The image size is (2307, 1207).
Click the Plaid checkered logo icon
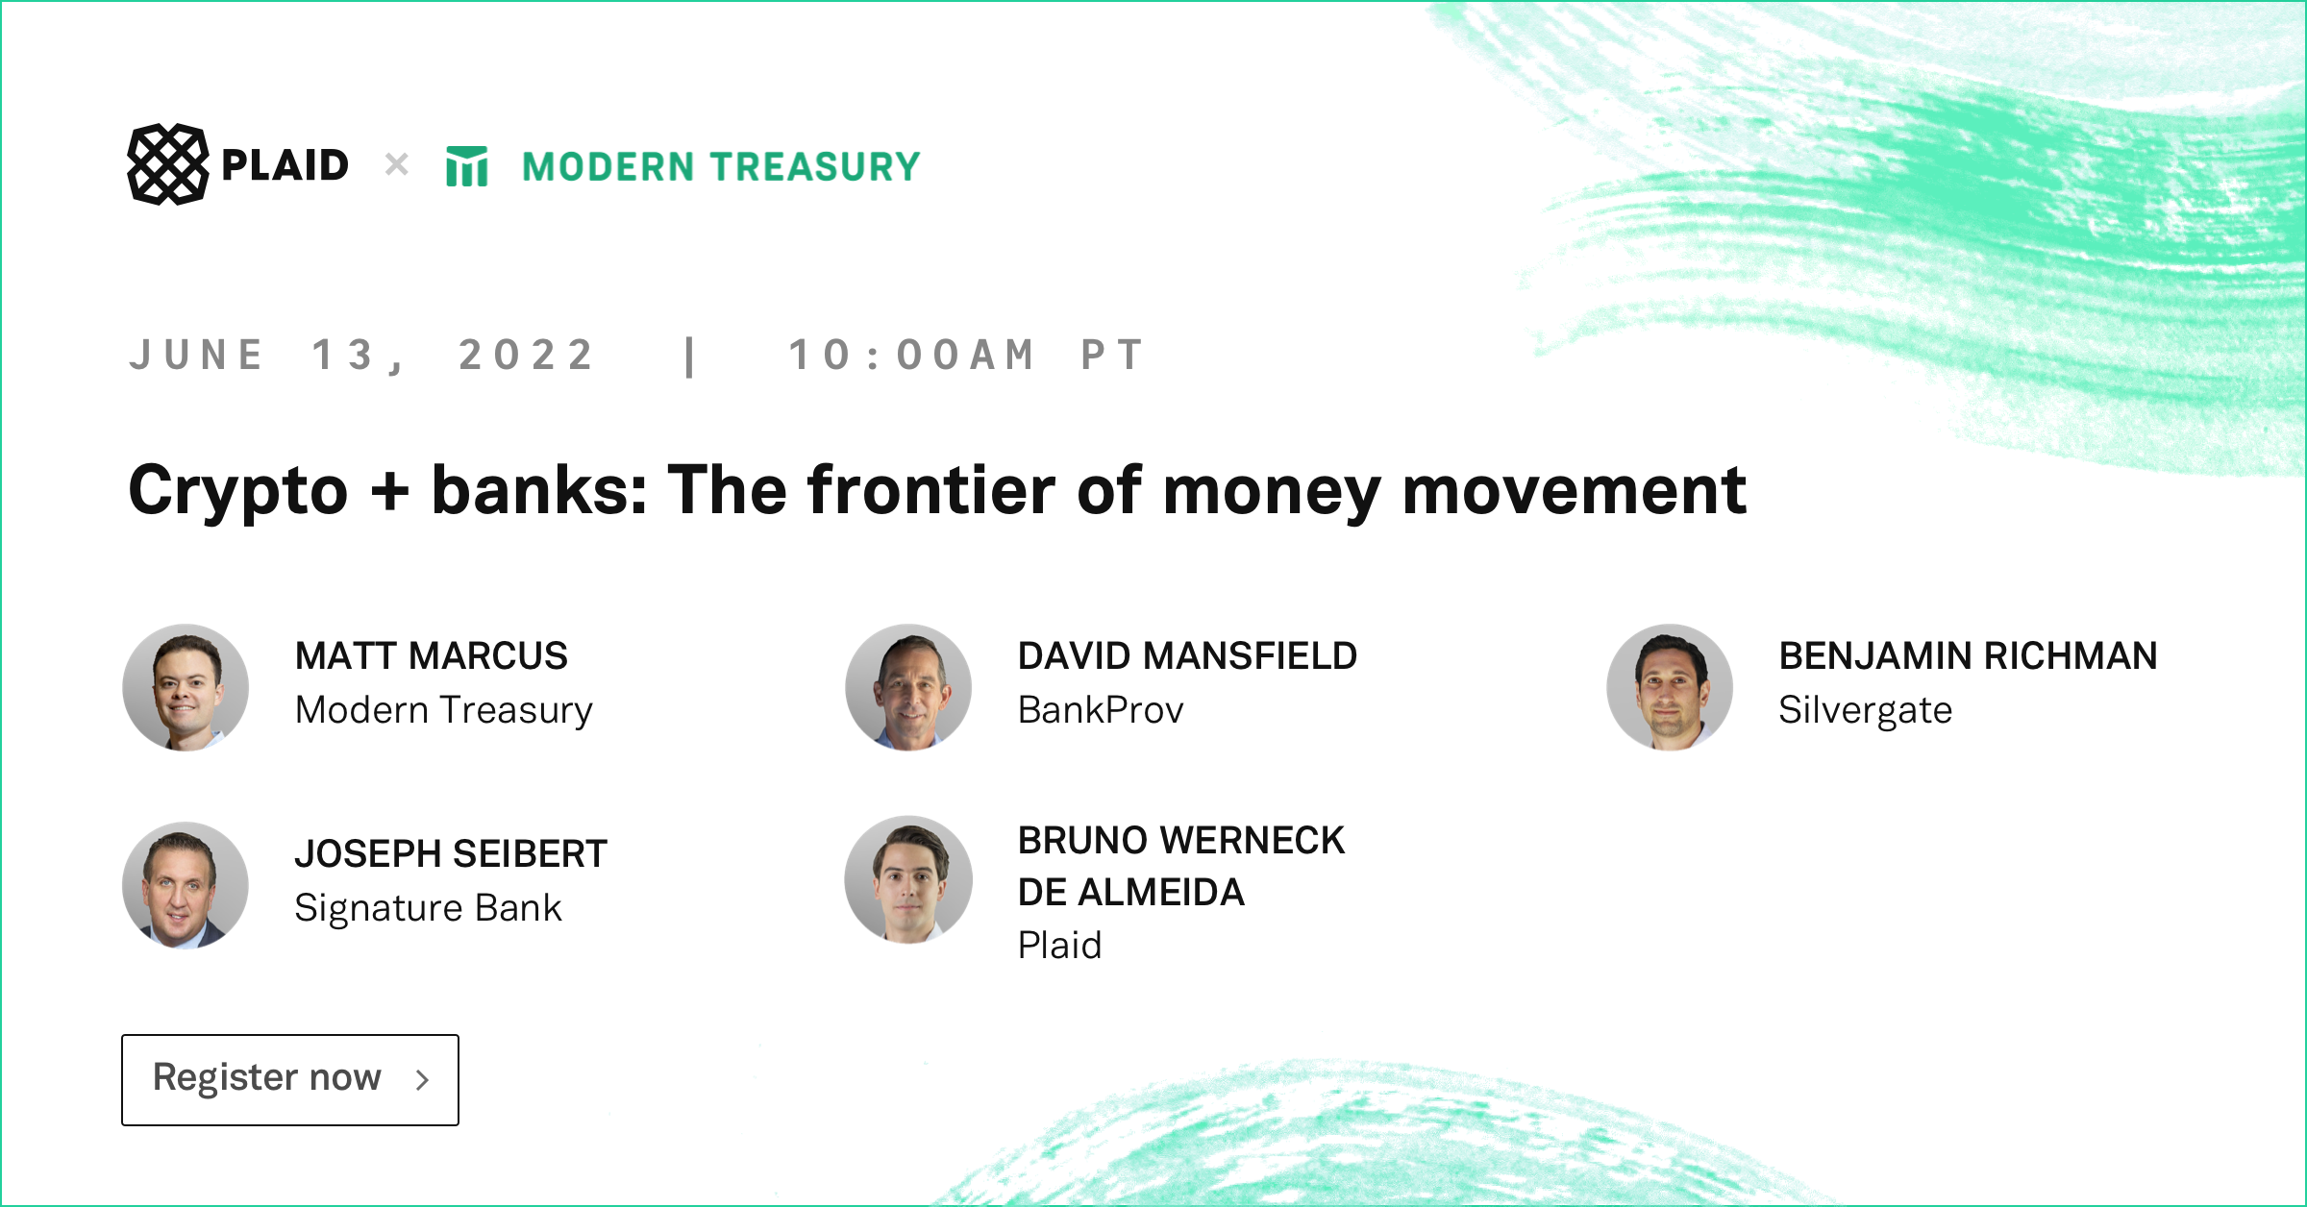(x=167, y=164)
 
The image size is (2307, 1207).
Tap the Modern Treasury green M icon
(x=467, y=166)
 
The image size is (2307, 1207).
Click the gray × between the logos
(x=396, y=164)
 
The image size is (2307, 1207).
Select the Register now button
(x=290, y=1079)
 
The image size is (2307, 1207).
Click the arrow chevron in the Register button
(x=422, y=1080)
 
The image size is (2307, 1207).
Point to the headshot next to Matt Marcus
(x=186, y=687)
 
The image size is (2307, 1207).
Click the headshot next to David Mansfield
(x=908, y=687)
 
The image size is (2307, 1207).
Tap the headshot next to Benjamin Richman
(x=1670, y=687)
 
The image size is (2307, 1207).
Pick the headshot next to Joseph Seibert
(x=186, y=885)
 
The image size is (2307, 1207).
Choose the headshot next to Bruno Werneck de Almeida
(x=908, y=879)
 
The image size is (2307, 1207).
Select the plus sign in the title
(x=389, y=491)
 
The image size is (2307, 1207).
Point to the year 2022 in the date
(x=527, y=355)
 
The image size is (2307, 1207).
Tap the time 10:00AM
(x=912, y=355)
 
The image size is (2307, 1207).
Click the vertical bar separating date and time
(x=690, y=357)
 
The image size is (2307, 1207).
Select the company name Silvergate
(x=1865, y=711)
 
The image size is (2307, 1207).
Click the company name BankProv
(x=1101, y=710)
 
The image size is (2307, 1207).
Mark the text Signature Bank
(x=428, y=908)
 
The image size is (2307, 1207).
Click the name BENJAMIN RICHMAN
(x=1968, y=656)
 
